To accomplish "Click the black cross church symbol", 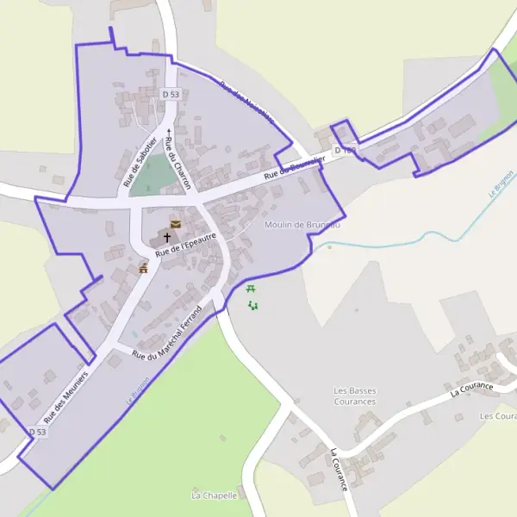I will pos(167,237).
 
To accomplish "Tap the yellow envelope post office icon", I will pos(176,224).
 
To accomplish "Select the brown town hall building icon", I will pos(143,269).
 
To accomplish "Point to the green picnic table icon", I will pos(251,289).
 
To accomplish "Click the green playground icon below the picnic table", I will pos(252,305).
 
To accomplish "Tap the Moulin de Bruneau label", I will pos(303,225).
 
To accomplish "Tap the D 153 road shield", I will pos(345,151).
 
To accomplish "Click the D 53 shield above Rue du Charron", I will pos(171,94).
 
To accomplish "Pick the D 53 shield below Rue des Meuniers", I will pos(36,431).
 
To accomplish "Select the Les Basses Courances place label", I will pos(355,396).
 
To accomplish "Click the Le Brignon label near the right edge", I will pos(501,185).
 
